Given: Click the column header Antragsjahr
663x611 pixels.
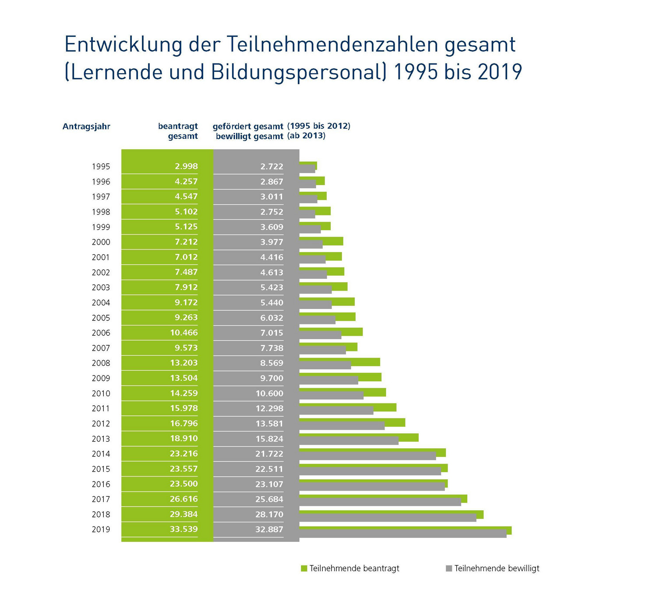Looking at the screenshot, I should click(86, 127).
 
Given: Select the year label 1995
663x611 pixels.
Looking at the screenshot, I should click(101, 167).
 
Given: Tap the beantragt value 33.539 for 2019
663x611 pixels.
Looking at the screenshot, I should click(184, 529).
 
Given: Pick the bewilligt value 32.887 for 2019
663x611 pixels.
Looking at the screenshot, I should click(269, 530).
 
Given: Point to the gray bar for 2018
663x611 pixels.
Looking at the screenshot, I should click(388, 518).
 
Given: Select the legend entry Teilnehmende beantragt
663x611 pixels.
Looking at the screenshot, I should click(354, 569).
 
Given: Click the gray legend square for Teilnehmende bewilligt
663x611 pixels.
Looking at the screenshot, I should click(448, 569).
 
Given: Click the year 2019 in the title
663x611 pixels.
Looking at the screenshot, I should click(500, 72).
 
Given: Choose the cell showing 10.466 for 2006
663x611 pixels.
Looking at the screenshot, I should click(184, 333).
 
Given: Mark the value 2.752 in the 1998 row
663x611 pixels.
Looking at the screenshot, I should click(272, 212).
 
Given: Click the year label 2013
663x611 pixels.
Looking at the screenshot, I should click(101, 439).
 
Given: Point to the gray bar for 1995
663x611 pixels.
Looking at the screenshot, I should click(307, 169).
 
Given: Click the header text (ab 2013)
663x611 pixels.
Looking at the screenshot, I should click(306, 136).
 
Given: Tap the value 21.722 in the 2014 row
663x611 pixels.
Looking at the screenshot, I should click(269, 454).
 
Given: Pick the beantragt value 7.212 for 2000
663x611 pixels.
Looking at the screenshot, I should click(186, 242).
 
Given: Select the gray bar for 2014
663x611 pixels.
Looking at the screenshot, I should click(367, 456).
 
